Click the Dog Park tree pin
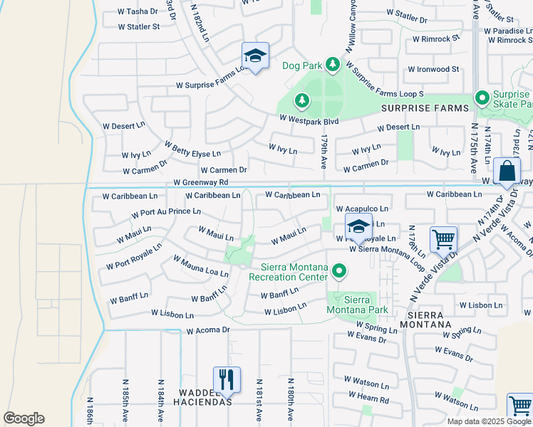coord(332,65)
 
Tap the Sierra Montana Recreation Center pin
coord(340,270)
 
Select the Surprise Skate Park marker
coord(482,97)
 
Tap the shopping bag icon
coord(507,172)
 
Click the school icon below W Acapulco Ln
coord(358,228)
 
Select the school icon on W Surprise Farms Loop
coord(255,56)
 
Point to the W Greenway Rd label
coord(200,183)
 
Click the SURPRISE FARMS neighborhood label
coord(426,108)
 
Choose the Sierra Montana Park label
coord(357,305)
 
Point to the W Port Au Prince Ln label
coord(166,213)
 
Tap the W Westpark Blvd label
coord(309,121)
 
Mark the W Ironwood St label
coord(433,69)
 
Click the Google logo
coord(24,418)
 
